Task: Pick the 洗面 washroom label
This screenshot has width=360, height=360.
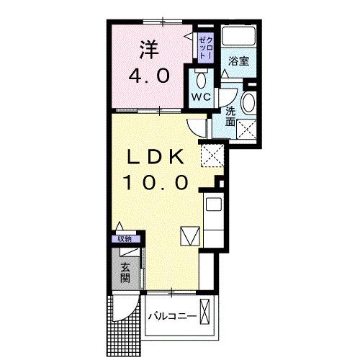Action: pos(230,117)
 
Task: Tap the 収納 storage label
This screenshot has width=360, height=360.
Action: pos(125,240)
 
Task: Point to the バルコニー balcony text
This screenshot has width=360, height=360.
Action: pos(173,316)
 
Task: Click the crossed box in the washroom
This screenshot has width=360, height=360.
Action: pos(248,130)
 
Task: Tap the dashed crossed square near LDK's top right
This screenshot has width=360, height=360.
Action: pos(212,154)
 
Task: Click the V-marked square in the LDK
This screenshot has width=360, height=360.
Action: pos(189,235)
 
